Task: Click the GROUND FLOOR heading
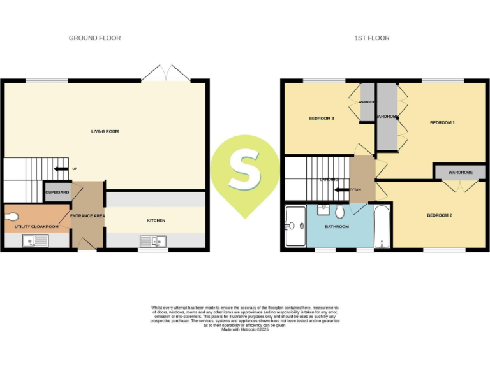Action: coord(94,38)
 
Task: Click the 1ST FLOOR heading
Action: coord(372,38)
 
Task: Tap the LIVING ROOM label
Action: coord(105,132)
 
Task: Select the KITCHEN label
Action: coord(156,220)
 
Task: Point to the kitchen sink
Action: coord(153,241)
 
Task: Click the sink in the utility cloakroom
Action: coord(35,241)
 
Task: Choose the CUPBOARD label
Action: coord(57,192)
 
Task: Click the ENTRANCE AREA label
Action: coord(87,216)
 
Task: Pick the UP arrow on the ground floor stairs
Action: coord(62,169)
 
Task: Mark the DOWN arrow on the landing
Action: coord(342,189)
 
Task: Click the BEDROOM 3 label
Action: coord(322,119)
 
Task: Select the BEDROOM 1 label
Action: coord(442,122)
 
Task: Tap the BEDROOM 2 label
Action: coord(439,215)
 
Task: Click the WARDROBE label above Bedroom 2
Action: coord(460,172)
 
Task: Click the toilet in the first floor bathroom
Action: coord(339,211)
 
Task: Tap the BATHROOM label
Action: coord(337,227)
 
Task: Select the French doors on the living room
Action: coord(165,73)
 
